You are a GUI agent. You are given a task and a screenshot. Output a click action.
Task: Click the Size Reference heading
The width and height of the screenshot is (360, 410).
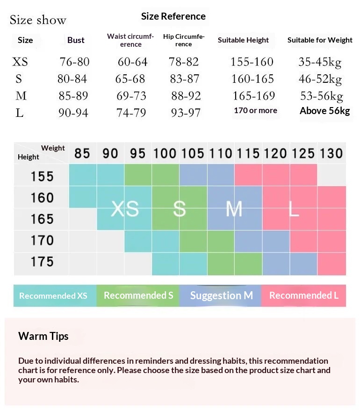[173, 16]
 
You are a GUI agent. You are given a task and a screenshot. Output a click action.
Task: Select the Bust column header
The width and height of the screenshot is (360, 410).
[76, 40]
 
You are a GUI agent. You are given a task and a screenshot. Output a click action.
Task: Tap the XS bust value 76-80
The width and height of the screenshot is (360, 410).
[74, 62]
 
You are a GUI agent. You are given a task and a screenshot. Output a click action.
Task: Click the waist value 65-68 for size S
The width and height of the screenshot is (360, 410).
[131, 79]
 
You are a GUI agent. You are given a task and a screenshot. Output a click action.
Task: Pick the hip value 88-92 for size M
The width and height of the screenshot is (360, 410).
[186, 96]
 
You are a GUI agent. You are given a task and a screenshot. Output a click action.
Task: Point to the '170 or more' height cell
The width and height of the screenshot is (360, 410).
[255, 111]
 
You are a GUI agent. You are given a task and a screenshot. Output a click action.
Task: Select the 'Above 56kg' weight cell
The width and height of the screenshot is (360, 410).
[324, 111]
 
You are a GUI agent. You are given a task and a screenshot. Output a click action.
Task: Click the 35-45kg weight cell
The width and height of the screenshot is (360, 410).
[320, 62]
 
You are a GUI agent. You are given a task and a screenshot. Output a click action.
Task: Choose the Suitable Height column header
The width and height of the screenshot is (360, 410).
[243, 40]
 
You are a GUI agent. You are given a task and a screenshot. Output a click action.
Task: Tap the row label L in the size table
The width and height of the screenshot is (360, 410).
[20, 113]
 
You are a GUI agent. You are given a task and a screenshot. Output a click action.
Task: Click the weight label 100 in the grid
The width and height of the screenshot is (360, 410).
[165, 153]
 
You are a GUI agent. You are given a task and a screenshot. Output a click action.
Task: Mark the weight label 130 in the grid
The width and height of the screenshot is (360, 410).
[331, 153]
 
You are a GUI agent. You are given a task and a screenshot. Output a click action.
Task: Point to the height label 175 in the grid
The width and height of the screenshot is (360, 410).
[42, 262]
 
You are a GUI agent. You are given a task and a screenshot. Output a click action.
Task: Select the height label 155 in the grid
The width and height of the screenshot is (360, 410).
[42, 177]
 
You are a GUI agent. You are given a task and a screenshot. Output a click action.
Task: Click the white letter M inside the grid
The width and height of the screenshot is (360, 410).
[234, 209]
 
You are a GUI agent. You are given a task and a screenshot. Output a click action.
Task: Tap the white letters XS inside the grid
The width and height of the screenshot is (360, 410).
[125, 209]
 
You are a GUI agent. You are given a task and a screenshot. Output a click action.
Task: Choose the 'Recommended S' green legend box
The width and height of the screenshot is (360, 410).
[138, 295]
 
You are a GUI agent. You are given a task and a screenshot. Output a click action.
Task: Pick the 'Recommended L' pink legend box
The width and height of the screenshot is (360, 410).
[303, 295]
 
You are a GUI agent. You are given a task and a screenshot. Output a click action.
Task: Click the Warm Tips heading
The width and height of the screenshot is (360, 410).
[43, 336]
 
